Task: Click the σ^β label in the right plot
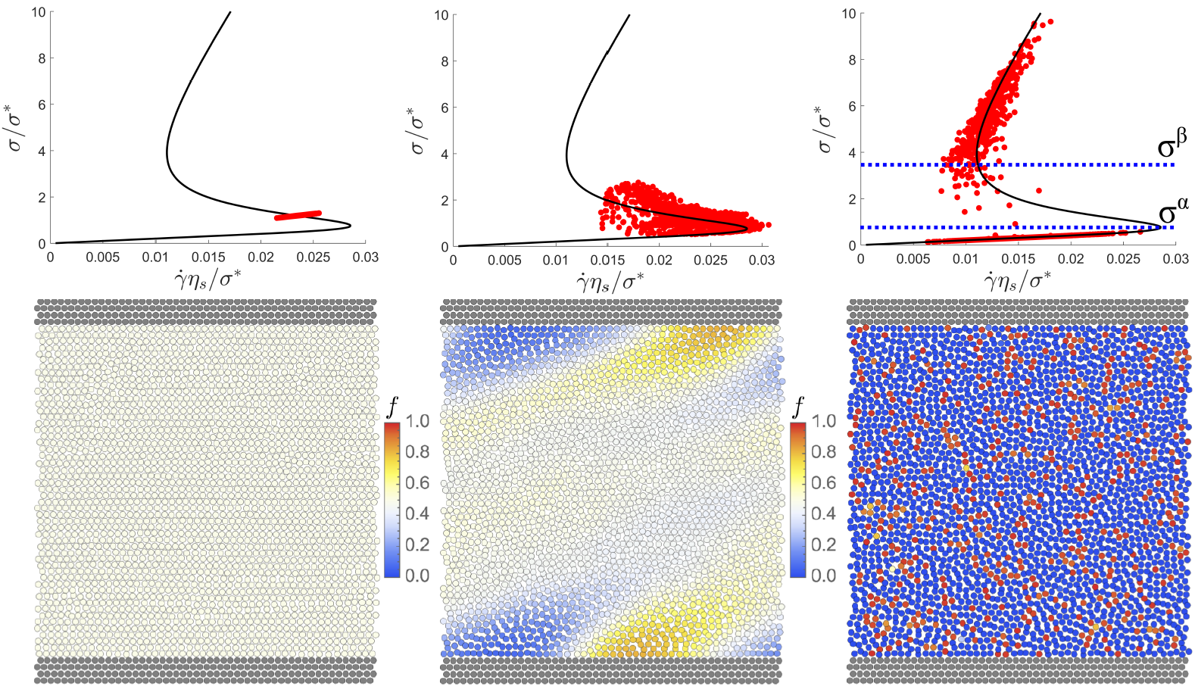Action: click(x=1172, y=144)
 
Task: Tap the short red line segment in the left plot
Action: click(x=298, y=216)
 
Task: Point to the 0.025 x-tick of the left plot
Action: click(x=313, y=257)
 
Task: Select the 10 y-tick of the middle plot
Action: click(x=441, y=14)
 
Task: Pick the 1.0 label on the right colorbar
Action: click(x=823, y=421)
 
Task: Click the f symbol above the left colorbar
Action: click(x=392, y=407)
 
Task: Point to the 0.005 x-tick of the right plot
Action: click(x=913, y=259)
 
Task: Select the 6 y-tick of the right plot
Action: click(x=852, y=106)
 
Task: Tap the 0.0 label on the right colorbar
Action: click(x=823, y=576)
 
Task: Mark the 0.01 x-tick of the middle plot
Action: click(x=556, y=261)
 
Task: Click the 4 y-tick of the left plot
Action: click(x=42, y=151)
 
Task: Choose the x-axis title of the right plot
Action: click(x=1017, y=282)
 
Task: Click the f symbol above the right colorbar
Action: click(x=797, y=407)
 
